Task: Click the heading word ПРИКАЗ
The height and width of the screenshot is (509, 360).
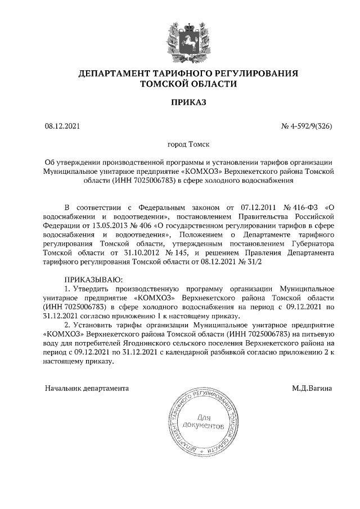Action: click(x=180, y=102)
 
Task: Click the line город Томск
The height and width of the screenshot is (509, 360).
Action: click(x=180, y=145)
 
